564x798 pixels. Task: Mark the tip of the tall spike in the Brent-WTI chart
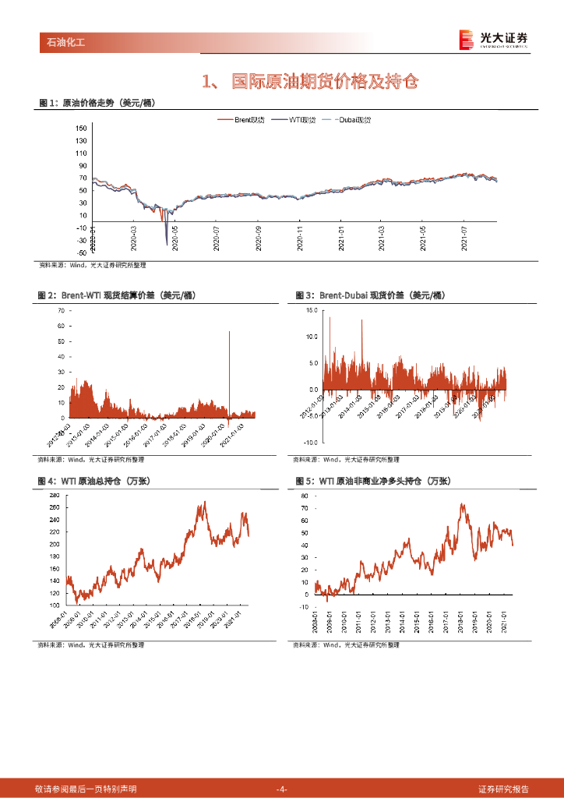click(229, 332)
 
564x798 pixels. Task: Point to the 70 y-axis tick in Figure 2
click(60, 310)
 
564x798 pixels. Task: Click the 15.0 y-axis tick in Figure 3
click(312, 310)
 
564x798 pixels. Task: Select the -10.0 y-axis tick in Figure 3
click(310, 442)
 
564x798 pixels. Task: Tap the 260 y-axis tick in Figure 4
click(55, 507)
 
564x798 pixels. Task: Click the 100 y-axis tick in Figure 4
click(55, 606)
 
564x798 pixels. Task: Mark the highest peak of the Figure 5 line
click(462, 504)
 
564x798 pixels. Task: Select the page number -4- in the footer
click(282, 789)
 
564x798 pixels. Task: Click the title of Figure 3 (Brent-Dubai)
click(369, 295)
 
